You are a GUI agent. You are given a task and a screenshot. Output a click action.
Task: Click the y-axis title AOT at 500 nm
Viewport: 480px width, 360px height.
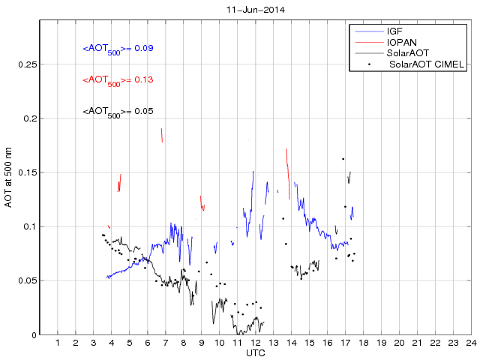point(8,178)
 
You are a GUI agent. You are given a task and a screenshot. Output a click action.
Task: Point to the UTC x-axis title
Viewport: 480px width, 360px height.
point(255,352)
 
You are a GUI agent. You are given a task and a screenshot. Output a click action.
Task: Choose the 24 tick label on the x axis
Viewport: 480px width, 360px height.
point(470,343)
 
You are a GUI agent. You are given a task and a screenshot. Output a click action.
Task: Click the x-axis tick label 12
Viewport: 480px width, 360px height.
point(255,343)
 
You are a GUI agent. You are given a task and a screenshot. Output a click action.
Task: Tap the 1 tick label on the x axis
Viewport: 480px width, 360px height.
point(58,343)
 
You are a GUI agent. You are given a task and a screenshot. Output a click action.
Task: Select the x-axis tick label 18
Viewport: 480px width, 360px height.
point(363,343)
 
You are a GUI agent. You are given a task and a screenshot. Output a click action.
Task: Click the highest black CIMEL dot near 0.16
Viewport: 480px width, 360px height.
point(343,159)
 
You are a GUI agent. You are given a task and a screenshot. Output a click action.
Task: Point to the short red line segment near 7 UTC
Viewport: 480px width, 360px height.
point(162,134)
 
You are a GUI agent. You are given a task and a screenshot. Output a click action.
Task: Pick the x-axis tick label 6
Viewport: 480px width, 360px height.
point(148,343)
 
